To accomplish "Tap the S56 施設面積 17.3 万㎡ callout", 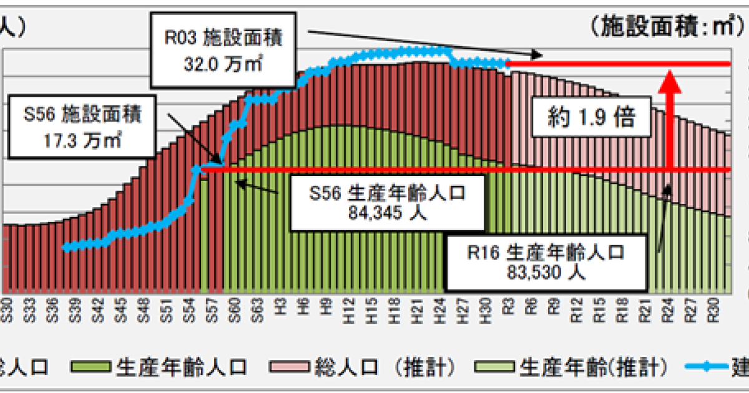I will click(82, 127).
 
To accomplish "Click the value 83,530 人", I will click(546, 272).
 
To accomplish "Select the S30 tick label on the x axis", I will click(7, 309).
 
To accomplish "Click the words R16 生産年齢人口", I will click(546, 253).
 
